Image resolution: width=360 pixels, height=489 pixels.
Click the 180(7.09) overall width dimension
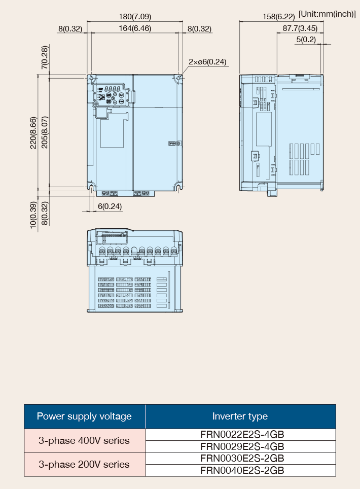135,17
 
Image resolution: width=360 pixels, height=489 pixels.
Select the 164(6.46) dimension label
135,28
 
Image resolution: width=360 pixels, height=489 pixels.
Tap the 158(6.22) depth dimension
279,17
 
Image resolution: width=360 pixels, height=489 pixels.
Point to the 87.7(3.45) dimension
300,28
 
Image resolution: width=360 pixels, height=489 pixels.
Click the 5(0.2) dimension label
306,40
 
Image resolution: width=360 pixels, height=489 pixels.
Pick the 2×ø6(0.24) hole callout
207,62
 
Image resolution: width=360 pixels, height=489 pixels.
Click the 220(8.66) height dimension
33,133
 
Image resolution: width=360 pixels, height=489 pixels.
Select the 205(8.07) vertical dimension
45,132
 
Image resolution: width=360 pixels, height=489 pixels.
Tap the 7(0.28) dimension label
45,57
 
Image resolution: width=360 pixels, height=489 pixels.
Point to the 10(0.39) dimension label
33,215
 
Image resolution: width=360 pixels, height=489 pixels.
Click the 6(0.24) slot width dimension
110,206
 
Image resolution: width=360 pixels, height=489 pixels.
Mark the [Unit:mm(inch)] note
327,14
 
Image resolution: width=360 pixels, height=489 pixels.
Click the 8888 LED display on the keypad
112,89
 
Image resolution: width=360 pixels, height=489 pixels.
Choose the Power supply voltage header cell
85,416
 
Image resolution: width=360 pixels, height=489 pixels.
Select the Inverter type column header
240,416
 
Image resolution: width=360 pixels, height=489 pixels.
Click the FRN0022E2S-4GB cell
242,434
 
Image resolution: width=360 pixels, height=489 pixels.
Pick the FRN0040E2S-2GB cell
242,470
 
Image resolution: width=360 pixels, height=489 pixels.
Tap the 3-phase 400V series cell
84,441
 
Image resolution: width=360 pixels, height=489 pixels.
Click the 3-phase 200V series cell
84,464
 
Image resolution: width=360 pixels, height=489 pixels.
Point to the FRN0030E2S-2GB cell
242,459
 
